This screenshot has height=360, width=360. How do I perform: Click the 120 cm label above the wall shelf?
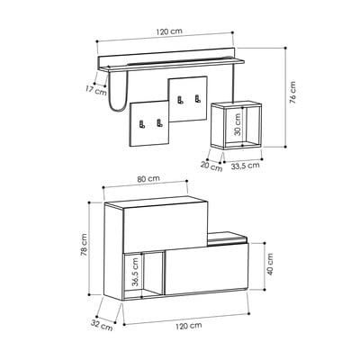pos(169,31)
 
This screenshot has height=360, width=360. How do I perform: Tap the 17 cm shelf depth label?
pos(96,90)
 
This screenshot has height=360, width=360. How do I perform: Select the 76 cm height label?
pos(292,92)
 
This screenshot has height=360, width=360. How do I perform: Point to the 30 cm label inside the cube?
pos(238,125)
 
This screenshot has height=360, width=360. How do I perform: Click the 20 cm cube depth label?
pos(212,166)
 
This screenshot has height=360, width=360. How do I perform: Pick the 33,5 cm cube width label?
pos(245,166)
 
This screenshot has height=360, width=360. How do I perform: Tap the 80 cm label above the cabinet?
pos(148,179)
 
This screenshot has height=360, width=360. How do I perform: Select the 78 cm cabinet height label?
pos(85,245)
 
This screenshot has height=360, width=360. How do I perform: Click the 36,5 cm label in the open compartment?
pos(136,272)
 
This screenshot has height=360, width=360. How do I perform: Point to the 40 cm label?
pos(270,265)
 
